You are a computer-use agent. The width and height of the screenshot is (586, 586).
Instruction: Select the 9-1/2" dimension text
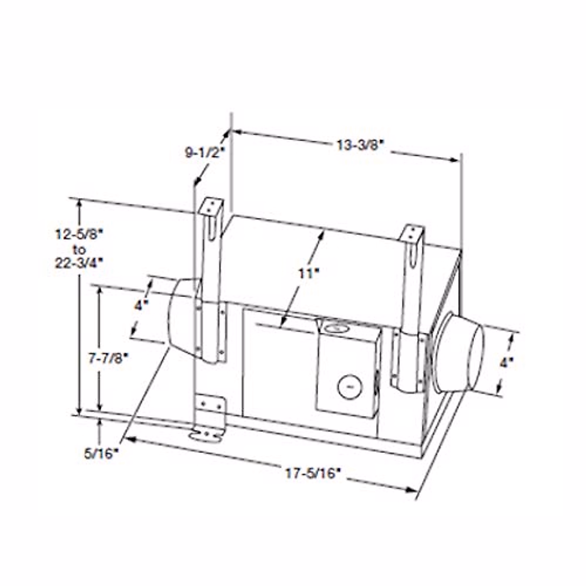204,152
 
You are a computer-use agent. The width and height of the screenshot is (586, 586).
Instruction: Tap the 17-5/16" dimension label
313,473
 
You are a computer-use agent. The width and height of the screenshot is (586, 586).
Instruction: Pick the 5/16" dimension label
101,454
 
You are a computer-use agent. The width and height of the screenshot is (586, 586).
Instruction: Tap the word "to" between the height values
79,249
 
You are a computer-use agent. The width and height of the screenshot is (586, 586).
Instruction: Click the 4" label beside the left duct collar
141,306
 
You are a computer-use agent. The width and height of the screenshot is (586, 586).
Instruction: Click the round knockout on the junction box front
349,387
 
